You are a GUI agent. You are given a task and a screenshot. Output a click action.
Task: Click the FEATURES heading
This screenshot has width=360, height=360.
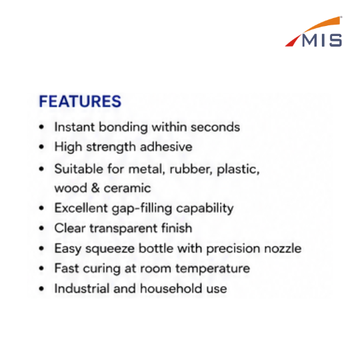80,101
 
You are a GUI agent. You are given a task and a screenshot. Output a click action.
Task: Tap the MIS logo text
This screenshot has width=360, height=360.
322,41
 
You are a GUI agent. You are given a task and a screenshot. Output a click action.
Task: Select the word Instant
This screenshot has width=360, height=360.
75,127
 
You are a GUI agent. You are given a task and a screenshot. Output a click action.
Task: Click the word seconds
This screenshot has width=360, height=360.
215,127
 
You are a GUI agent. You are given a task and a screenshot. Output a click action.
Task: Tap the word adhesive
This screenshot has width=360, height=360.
166,147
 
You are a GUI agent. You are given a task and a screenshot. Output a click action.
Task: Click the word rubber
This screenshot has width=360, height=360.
191,169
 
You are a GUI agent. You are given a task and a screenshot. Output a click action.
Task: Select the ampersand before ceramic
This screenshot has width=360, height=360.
95,188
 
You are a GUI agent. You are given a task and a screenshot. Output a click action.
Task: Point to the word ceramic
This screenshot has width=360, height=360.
127,189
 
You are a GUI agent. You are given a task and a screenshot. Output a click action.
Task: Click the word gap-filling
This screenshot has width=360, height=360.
142,209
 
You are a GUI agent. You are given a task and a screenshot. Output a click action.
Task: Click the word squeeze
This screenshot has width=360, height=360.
110,249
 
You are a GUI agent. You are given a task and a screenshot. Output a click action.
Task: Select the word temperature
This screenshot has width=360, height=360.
213,269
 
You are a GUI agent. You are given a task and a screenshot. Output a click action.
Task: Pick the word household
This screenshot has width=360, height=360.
171,289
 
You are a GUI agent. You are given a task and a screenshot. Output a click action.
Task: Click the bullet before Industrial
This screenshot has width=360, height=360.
41,289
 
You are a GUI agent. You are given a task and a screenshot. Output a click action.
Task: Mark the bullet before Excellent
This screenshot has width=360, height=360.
41,208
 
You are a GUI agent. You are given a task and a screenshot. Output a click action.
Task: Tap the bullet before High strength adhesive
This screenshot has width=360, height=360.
41,147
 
